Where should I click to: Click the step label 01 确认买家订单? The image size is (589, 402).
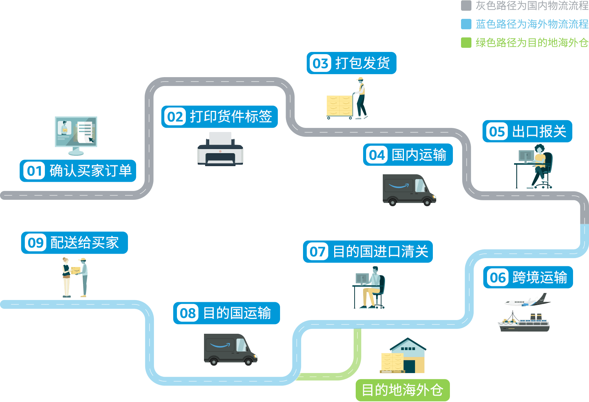point(78,171)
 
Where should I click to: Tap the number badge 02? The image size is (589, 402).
point(175,117)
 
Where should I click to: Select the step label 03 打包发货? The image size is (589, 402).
point(351,63)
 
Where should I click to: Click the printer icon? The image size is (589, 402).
point(220,149)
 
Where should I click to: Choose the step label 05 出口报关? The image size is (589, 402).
point(527,131)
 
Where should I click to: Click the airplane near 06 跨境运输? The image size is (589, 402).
point(527,301)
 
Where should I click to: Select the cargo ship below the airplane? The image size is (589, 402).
point(524,323)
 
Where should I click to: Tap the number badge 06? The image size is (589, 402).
point(498,278)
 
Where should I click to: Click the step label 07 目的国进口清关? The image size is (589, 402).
point(368,252)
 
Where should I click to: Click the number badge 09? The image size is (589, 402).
point(36,243)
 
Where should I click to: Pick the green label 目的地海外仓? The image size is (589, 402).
point(402,390)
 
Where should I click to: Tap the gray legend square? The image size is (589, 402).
point(466,6)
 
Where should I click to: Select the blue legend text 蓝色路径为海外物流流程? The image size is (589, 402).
point(532,24)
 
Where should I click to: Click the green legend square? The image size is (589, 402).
point(466,43)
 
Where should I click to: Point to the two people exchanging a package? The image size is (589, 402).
point(75,277)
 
